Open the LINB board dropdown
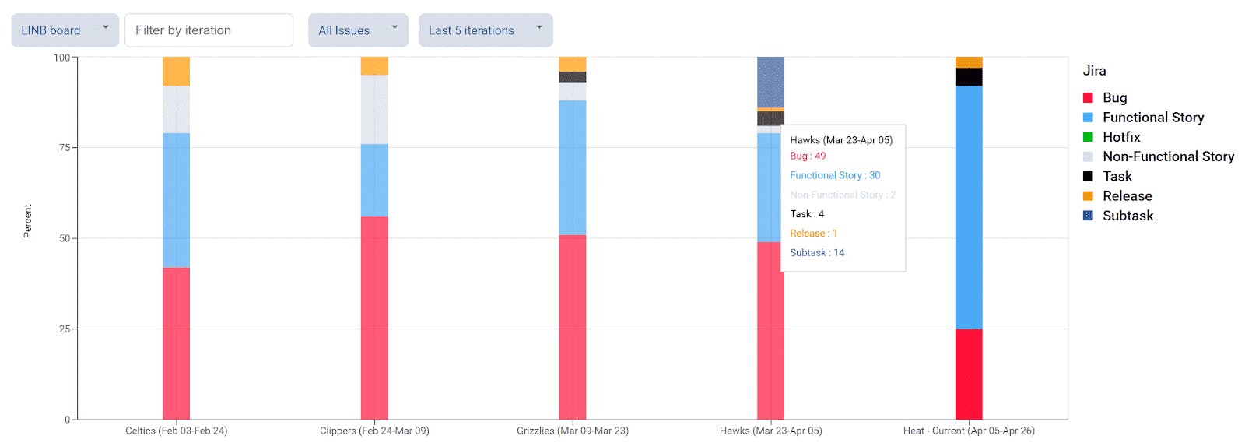tap(65, 30)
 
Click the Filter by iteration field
tap(209, 30)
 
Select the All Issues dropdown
tap(358, 30)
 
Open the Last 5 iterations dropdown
tap(486, 30)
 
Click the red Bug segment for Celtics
tap(176, 343)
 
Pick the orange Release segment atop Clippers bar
tap(374, 65)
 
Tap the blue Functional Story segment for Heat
tap(969, 207)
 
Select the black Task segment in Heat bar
tap(969, 76)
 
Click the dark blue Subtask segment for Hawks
tap(770, 82)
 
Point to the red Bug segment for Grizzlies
tap(573, 327)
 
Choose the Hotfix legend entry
tap(1120, 137)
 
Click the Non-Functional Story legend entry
tap(1167, 156)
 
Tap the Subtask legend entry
tap(1128, 216)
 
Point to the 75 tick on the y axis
tap(65, 147)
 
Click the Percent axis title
tap(28, 221)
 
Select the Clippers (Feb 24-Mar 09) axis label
tap(374, 431)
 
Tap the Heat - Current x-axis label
tap(969, 431)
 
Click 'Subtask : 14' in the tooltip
tap(817, 252)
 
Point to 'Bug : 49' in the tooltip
tap(808, 156)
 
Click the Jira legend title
tap(1094, 71)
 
